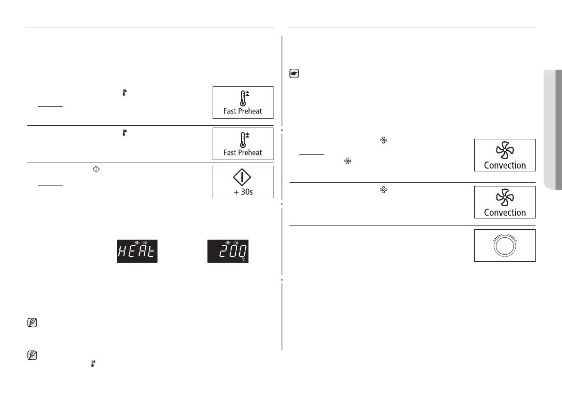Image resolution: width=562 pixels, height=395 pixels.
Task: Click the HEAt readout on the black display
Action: (137, 253)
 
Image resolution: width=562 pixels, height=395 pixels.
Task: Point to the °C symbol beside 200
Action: (244, 259)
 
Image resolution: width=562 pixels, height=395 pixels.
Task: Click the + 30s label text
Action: (243, 192)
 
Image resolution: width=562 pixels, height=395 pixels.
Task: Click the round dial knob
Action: (504, 245)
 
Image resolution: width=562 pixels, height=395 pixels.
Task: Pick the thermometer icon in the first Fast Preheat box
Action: (242, 98)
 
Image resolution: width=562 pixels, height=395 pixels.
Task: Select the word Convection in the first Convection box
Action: (504, 165)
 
